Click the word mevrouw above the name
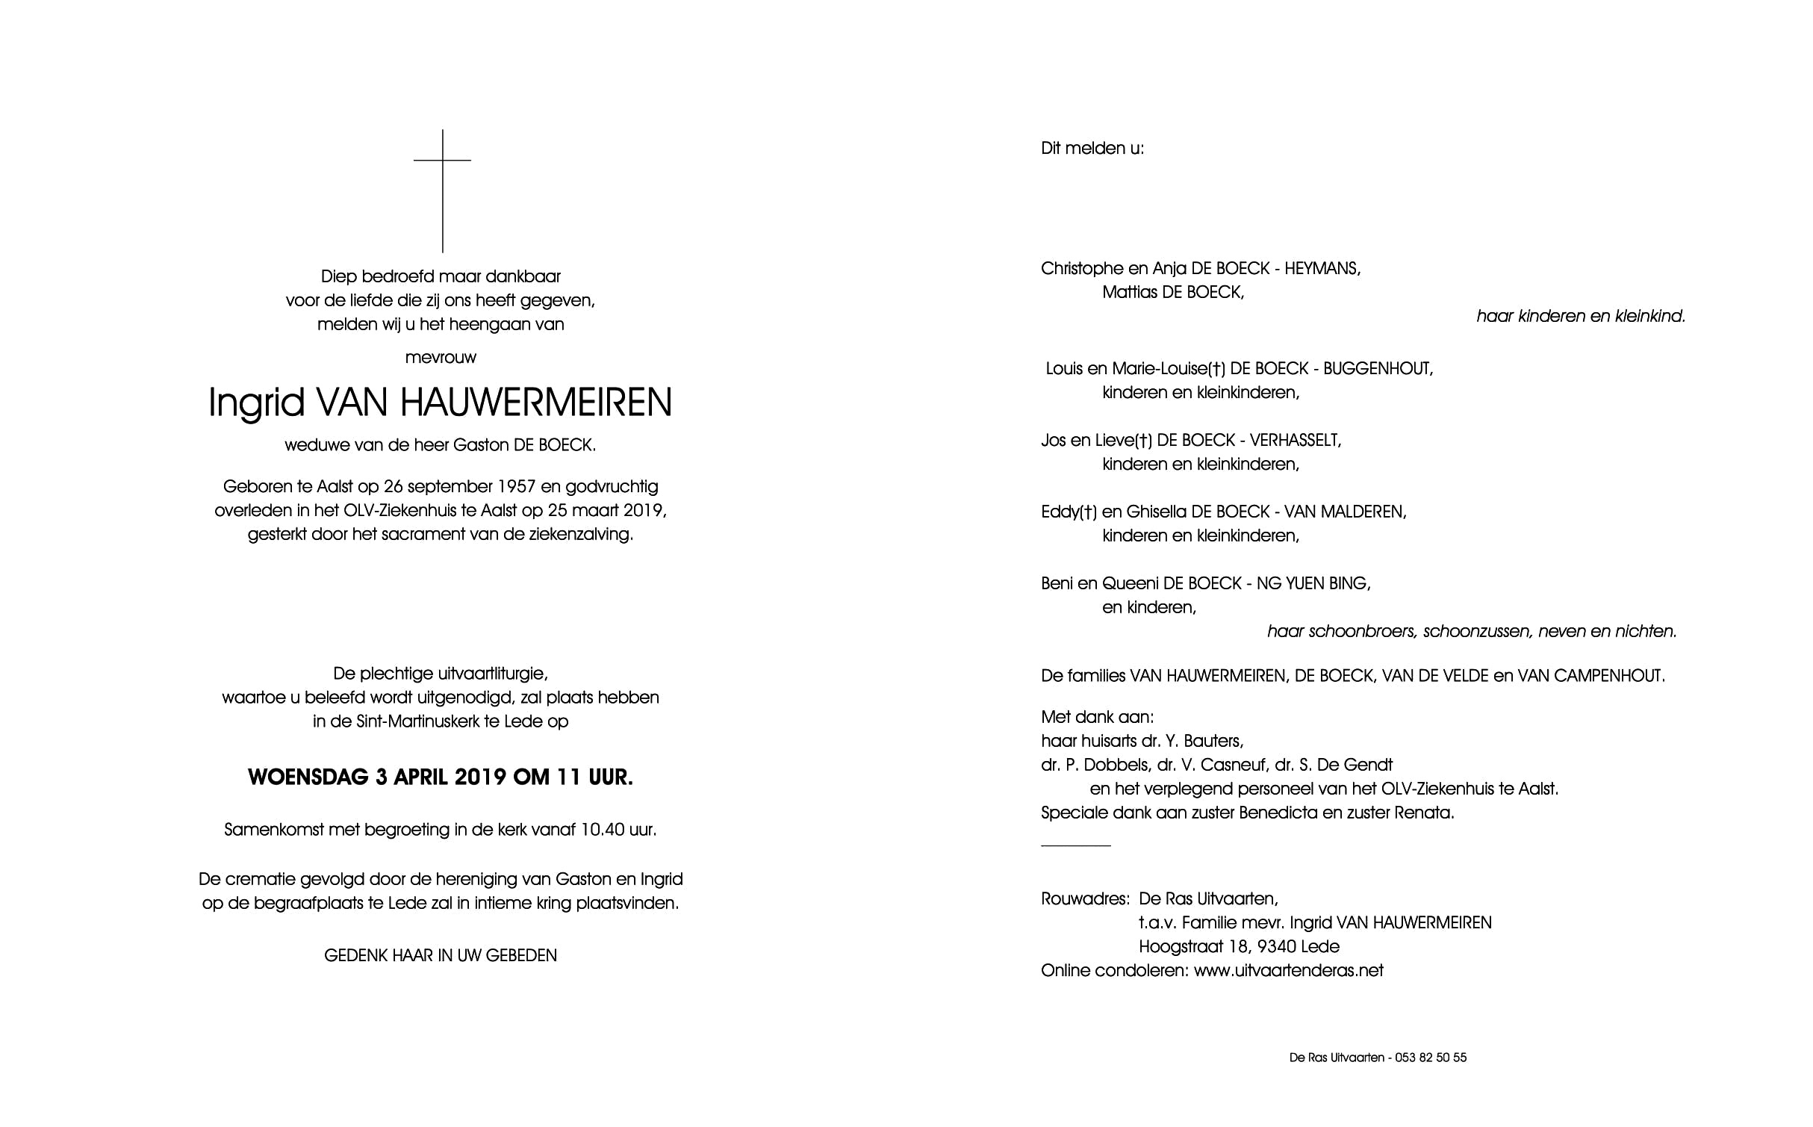441,358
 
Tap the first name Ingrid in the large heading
256,403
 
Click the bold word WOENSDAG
308,777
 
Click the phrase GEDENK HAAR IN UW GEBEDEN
441,955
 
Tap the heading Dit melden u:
1092,149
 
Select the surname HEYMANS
1322,269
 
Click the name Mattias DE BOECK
1172,293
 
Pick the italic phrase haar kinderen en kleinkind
1580,317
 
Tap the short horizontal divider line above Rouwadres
1075,845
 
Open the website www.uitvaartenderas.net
1288,971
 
